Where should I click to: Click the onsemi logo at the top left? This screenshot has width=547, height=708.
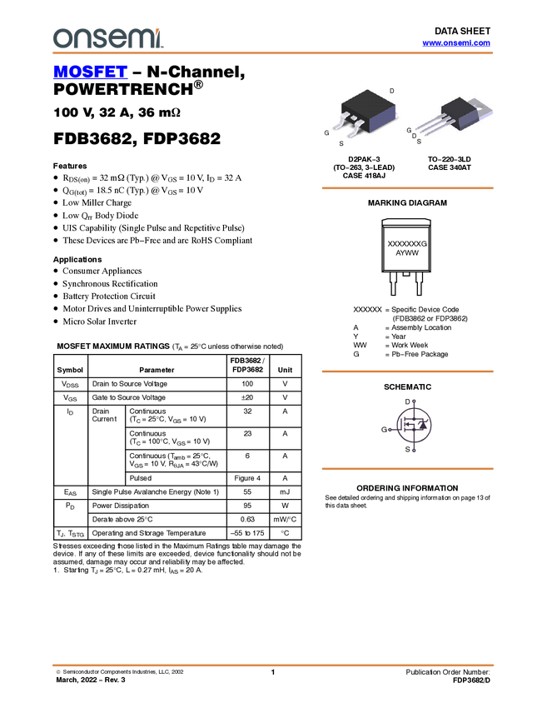[x=107, y=37]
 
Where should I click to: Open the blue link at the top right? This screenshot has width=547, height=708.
[x=456, y=43]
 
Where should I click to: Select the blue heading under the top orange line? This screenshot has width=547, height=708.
[x=90, y=72]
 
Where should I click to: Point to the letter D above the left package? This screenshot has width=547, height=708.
[x=392, y=90]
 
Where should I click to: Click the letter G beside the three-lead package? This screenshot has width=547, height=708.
[x=409, y=131]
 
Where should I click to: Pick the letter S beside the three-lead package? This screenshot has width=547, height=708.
[x=419, y=142]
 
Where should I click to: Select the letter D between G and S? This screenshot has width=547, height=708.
[x=414, y=136]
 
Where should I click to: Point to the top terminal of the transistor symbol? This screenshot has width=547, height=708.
[x=414, y=401]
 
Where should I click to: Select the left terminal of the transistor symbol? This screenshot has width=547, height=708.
[x=390, y=430]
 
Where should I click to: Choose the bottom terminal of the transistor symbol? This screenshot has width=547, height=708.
[x=414, y=451]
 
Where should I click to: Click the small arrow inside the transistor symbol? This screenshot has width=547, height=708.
[x=409, y=425]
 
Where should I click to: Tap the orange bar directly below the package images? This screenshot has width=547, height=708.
[x=408, y=188]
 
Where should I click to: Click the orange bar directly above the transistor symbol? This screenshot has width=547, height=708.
[x=408, y=371]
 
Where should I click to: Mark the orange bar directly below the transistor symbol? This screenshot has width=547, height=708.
[x=408, y=469]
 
